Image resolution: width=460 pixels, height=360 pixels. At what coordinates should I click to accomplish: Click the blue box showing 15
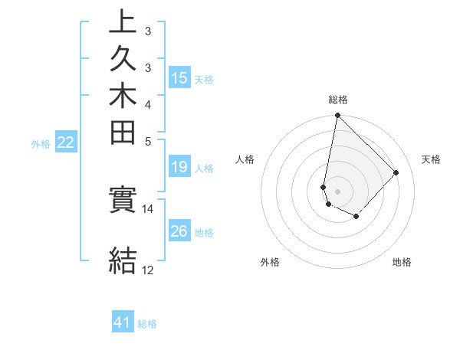tap(179, 77)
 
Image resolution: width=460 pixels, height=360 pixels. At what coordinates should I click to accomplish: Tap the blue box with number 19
tap(179, 168)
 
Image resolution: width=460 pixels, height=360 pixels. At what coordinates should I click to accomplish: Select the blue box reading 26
tap(179, 232)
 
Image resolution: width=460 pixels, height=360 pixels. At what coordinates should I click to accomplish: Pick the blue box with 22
tap(66, 142)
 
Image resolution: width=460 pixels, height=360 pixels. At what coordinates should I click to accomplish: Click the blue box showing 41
tap(123, 322)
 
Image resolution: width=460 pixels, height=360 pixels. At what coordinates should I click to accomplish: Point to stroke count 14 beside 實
tap(147, 208)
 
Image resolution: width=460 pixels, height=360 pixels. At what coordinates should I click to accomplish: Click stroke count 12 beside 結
tap(147, 270)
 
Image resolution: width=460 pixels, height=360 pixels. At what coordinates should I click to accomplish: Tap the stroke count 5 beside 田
tap(147, 141)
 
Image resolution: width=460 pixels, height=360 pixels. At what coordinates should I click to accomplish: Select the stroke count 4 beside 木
tap(147, 104)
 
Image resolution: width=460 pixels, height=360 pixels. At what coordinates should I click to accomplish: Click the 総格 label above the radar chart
tap(337, 100)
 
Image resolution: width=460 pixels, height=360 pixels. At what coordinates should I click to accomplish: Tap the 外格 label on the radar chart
tap(271, 262)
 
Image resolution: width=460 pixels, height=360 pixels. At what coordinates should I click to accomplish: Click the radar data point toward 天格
tap(396, 172)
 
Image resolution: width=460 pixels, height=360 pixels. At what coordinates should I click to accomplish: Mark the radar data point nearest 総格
tap(337, 116)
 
